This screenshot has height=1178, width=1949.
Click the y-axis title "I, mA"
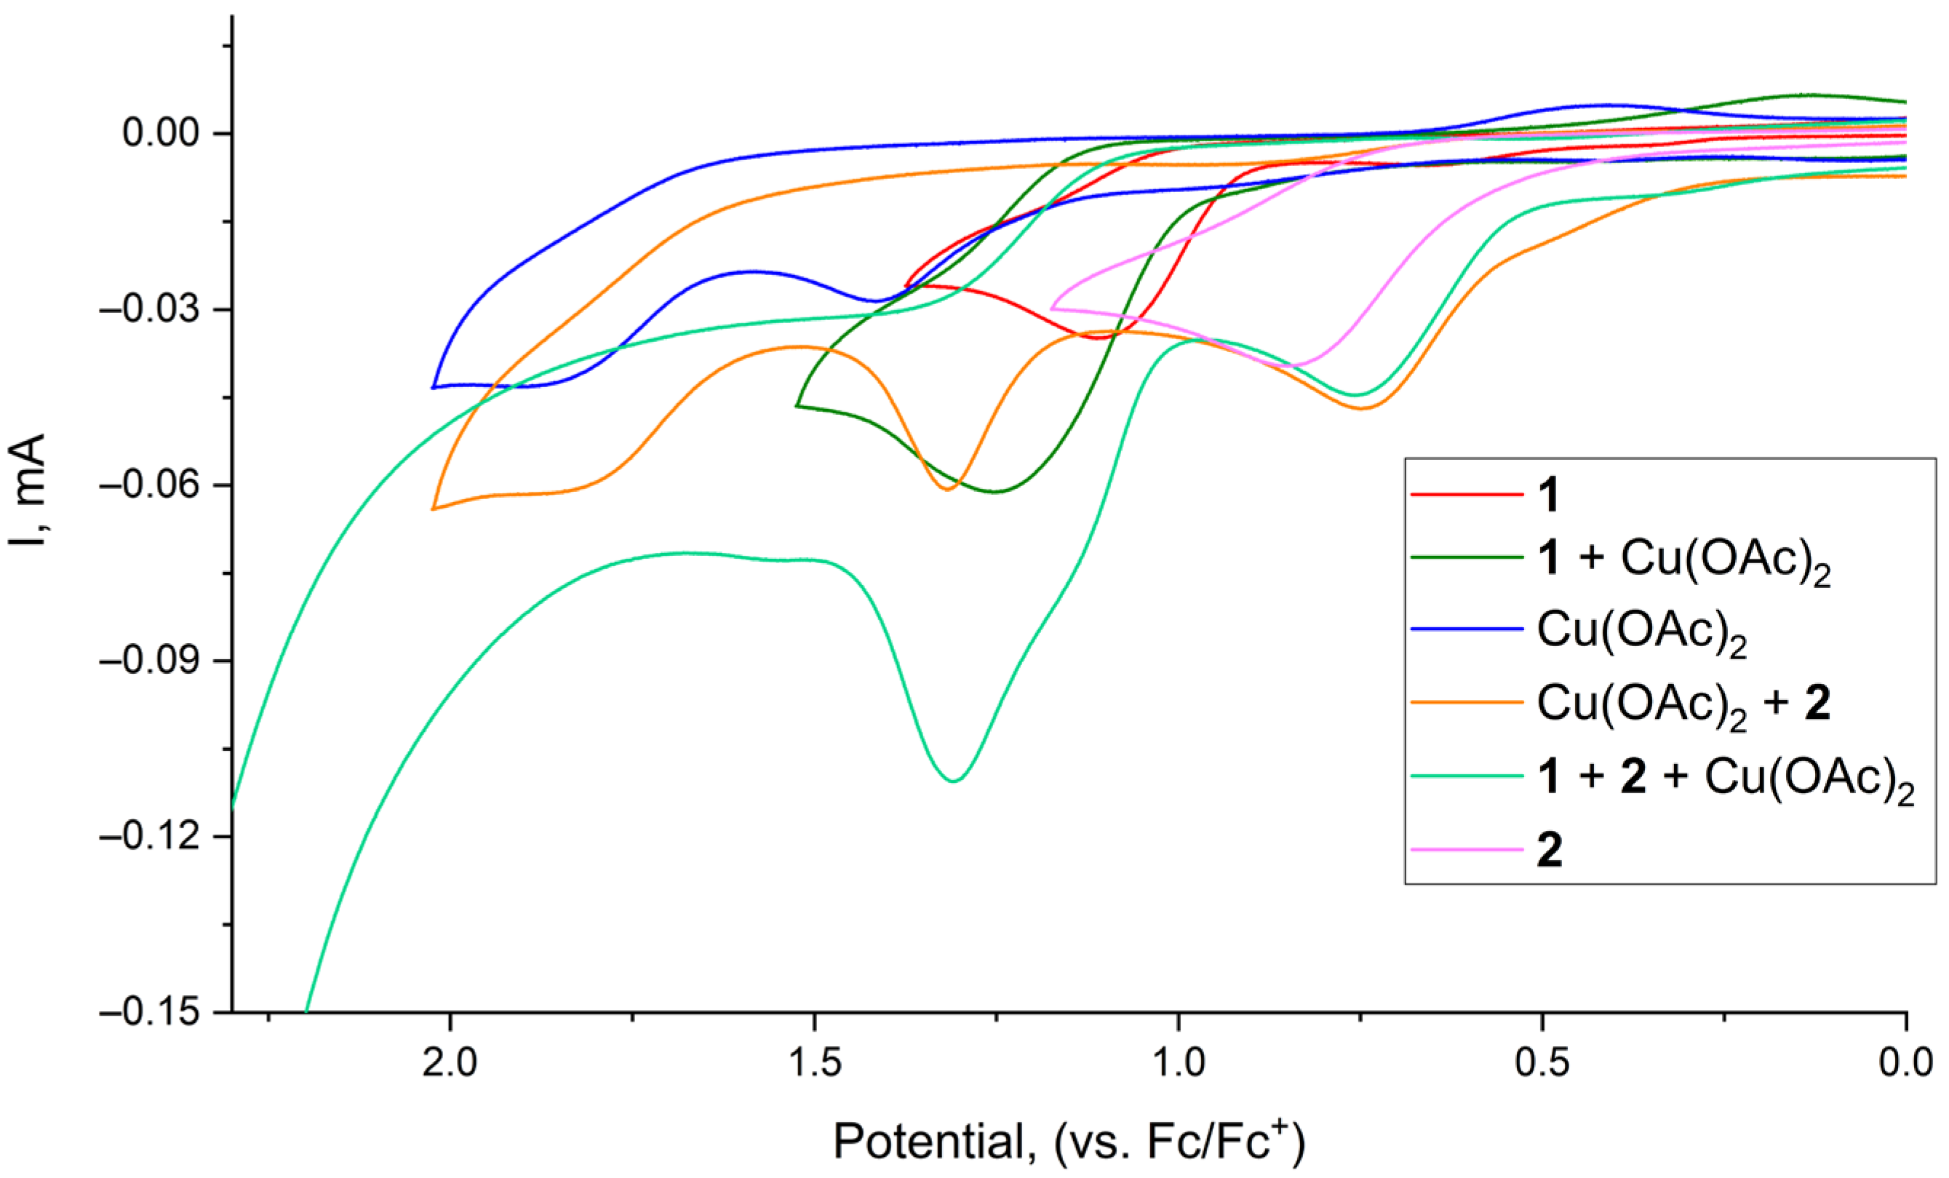click(x=28, y=492)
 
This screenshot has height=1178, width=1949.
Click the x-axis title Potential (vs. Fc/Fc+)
click(x=1069, y=1142)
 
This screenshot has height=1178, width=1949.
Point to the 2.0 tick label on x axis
click(x=450, y=1062)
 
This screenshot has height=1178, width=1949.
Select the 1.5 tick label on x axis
click(x=815, y=1062)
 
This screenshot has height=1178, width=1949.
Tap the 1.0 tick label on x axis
click(x=1179, y=1062)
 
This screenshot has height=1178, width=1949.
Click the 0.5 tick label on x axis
click(x=1542, y=1062)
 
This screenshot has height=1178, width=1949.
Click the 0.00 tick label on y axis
click(x=161, y=133)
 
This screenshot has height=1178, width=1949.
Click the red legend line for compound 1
click(x=1467, y=496)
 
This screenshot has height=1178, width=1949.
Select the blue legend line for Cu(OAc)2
click(x=1467, y=629)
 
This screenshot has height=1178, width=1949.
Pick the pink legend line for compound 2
click(x=1467, y=850)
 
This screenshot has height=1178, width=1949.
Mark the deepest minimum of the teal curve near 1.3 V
click(x=954, y=781)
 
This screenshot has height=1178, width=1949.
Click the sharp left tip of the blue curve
click(x=433, y=388)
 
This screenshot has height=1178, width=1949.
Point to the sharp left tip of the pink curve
click(x=1051, y=309)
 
